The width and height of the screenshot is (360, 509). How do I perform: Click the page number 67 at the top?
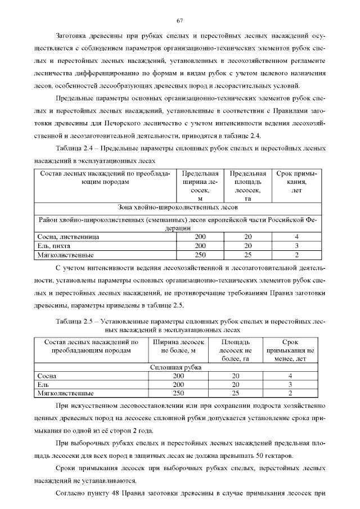coord(180,21)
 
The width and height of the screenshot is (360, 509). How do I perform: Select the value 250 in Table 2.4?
coord(200,255)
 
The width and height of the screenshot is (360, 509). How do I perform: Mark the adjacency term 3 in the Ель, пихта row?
coord(296,246)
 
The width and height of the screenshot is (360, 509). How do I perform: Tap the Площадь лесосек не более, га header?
coord(235,350)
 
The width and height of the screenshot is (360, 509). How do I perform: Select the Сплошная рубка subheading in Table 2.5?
coord(177,367)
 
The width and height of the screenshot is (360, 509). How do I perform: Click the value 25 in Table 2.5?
coord(235,393)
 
